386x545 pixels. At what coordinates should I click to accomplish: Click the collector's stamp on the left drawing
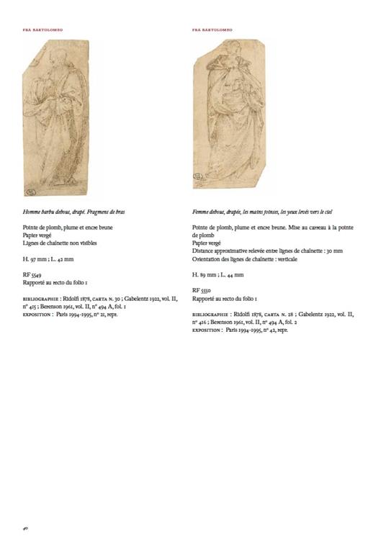(31, 192)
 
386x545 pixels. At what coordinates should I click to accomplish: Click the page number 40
(24, 528)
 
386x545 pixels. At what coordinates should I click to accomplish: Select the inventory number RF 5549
(32, 275)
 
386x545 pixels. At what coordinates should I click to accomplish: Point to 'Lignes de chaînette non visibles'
(59, 243)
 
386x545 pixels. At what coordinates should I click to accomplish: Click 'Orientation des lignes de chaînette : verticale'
(245, 258)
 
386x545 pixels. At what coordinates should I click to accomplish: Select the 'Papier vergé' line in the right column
(209, 243)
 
